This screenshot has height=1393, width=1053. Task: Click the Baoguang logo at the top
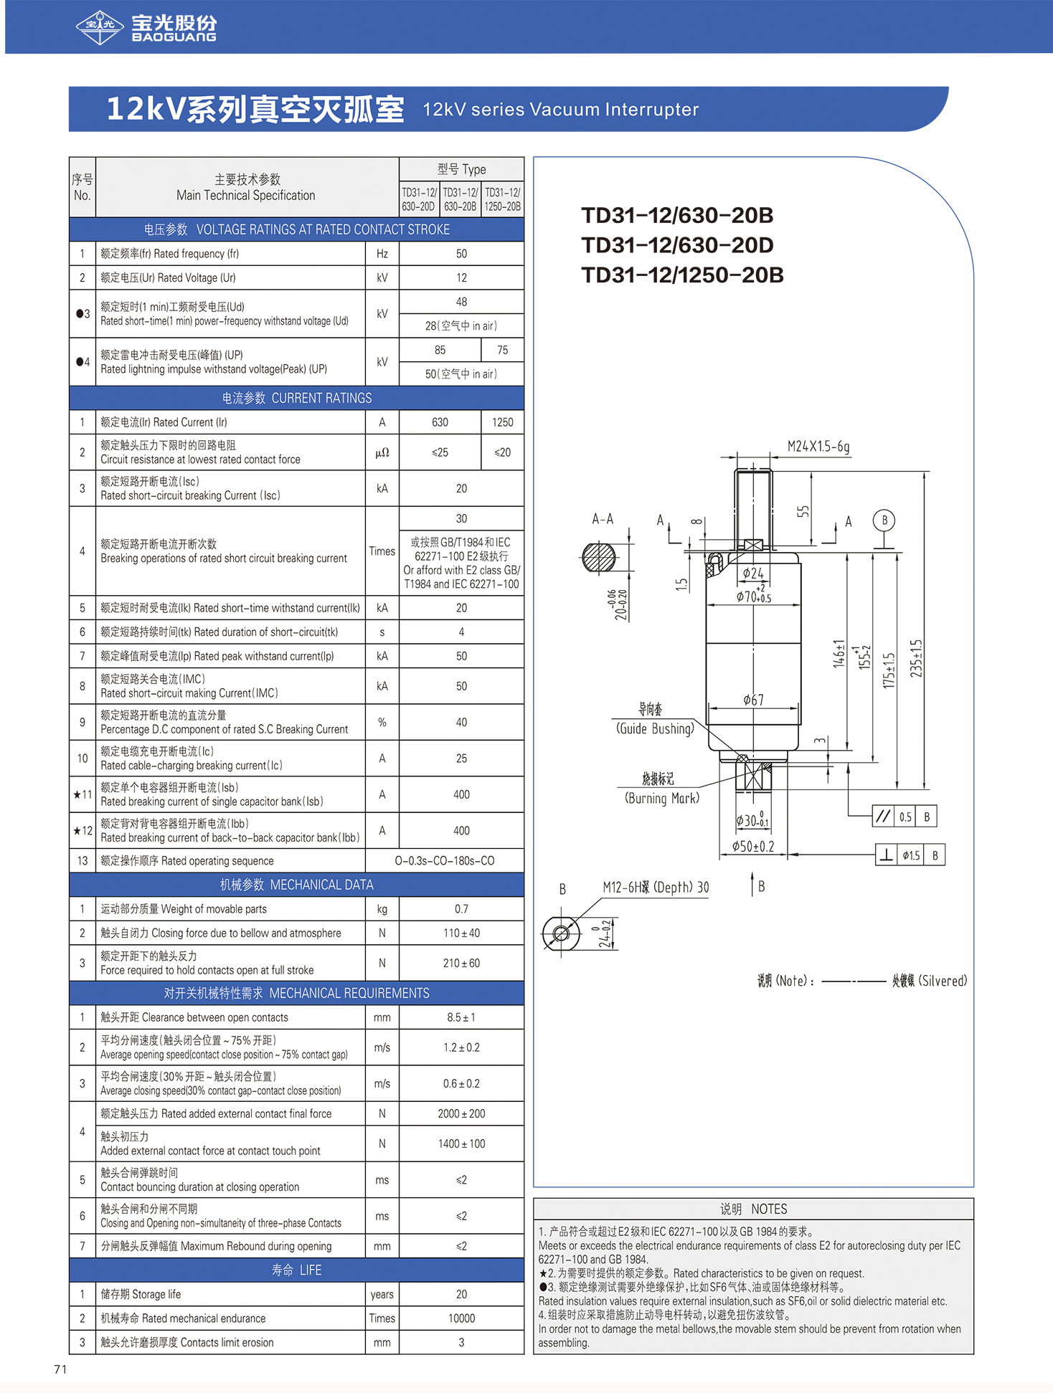click(x=146, y=27)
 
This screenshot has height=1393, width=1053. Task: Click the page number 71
click(x=60, y=1369)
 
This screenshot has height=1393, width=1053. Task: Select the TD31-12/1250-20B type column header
click(x=502, y=199)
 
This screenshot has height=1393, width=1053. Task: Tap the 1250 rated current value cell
click(x=502, y=422)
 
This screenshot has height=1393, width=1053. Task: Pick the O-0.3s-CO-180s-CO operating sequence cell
click(x=444, y=860)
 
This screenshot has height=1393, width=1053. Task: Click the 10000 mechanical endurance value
click(x=461, y=1318)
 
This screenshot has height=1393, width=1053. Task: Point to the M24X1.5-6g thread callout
click(x=818, y=447)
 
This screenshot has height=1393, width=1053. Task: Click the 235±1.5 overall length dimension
click(x=916, y=658)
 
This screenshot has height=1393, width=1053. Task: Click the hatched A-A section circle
click(x=599, y=557)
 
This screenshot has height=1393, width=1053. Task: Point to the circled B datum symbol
click(x=884, y=520)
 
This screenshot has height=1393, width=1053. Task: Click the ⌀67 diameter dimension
click(x=753, y=700)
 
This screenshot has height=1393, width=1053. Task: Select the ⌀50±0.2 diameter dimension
click(x=752, y=847)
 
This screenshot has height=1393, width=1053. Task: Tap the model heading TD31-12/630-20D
click(x=677, y=245)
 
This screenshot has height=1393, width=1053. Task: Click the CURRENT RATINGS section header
click(x=296, y=398)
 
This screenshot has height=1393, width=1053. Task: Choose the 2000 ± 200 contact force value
click(x=461, y=1113)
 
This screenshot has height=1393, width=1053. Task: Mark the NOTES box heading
click(x=753, y=1209)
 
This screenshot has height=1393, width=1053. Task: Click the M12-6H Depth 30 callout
click(x=655, y=888)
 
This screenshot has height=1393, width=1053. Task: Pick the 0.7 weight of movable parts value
click(x=461, y=909)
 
